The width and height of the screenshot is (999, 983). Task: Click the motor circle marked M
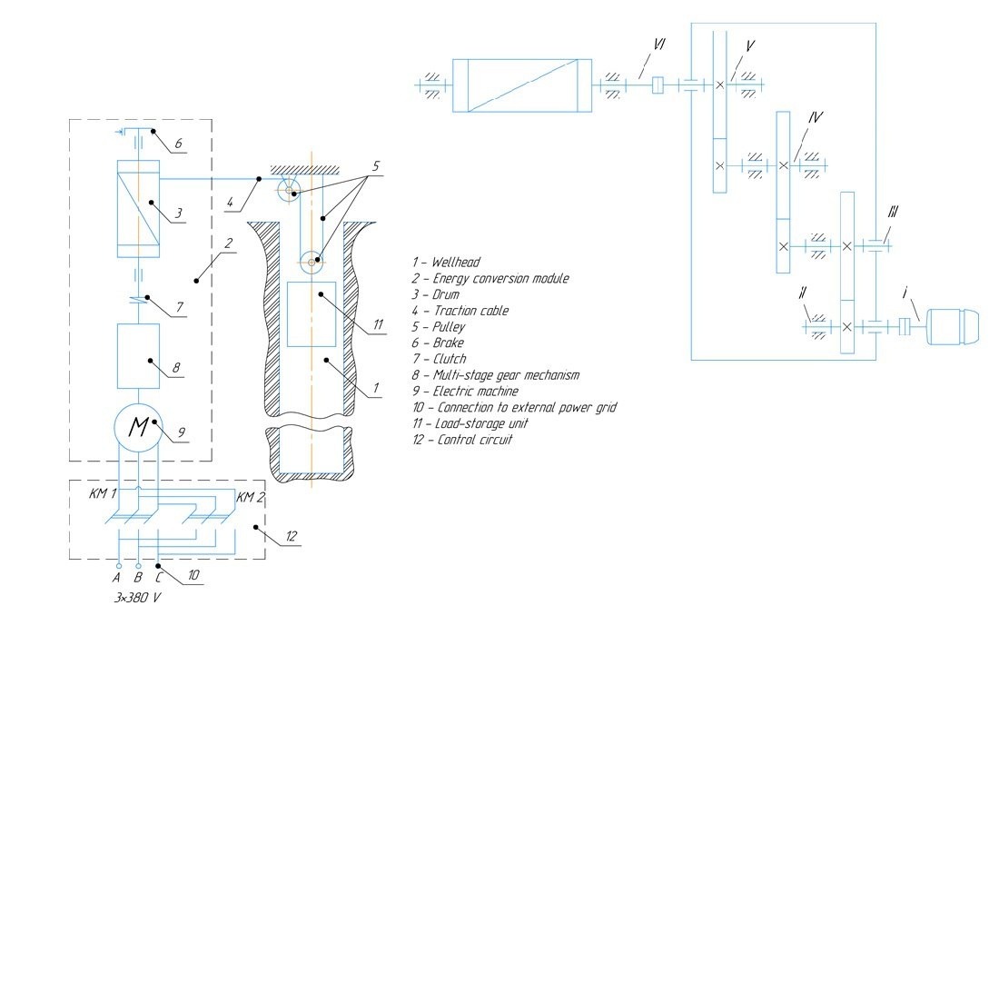(x=138, y=426)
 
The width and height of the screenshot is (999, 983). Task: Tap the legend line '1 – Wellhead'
(x=445, y=263)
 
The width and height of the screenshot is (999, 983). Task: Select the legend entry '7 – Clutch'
(x=439, y=359)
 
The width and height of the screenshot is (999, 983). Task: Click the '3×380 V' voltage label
(x=137, y=598)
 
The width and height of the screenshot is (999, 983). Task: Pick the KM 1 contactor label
(x=103, y=494)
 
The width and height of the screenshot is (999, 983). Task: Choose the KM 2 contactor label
(x=251, y=497)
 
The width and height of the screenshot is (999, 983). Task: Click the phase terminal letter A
(x=116, y=577)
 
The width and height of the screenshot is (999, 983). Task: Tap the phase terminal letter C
(x=159, y=577)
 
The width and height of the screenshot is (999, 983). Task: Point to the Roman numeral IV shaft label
(x=815, y=118)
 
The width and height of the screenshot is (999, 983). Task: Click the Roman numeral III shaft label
(x=893, y=213)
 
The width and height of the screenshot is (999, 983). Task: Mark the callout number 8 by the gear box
(x=176, y=369)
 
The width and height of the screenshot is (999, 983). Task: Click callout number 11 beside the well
(x=378, y=324)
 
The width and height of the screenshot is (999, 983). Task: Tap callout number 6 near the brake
(x=178, y=144)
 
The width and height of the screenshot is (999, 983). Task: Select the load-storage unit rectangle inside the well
(x=312, y=313)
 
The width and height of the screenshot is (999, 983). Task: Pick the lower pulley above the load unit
(x=312, y=262)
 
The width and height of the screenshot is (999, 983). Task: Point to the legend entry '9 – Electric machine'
(x=464, y=392)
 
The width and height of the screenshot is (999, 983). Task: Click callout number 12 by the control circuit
(x=292, y=537)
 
